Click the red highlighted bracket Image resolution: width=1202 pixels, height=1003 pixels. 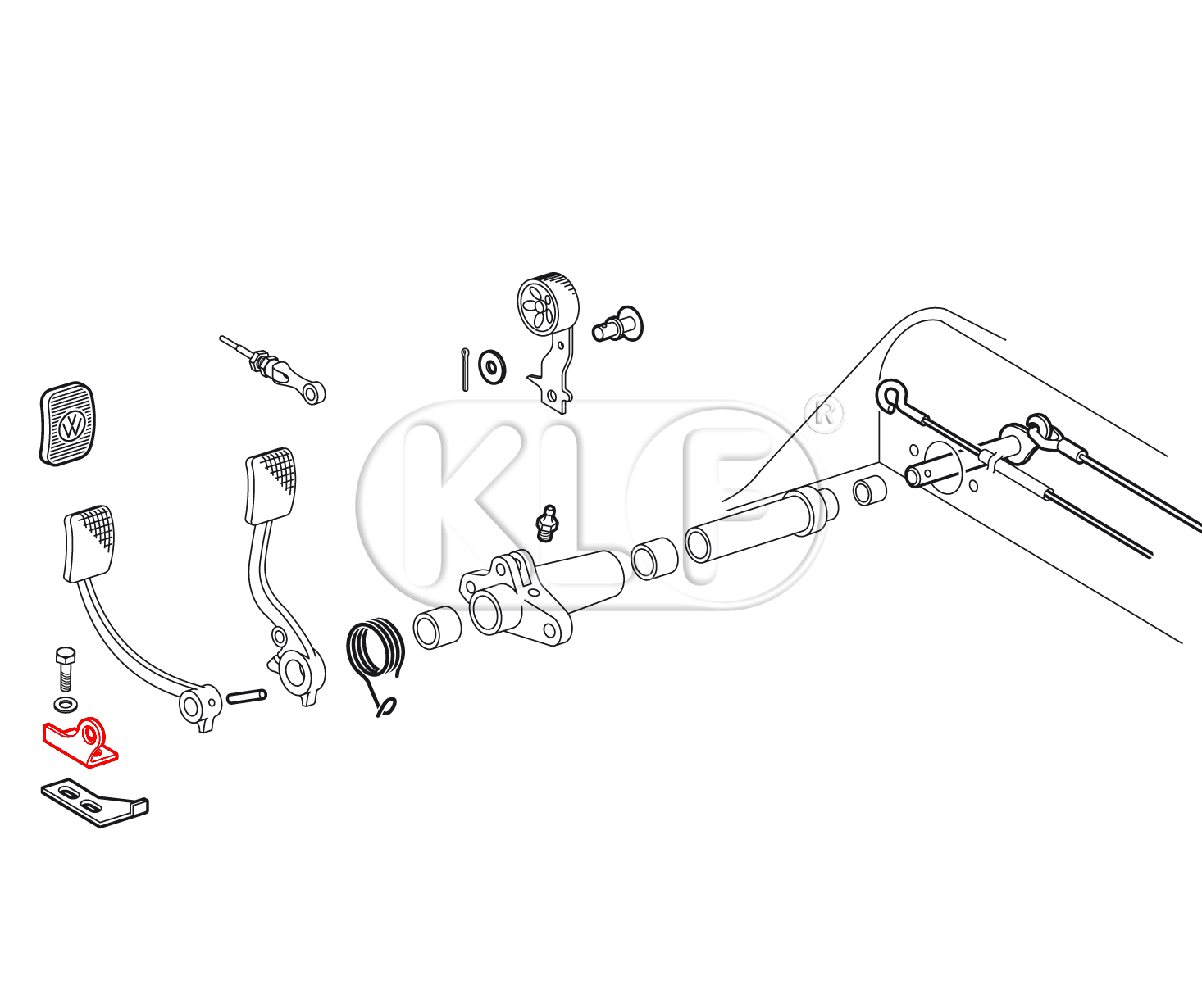click(80, 743)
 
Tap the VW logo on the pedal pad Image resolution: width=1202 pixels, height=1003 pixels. click(72, 427)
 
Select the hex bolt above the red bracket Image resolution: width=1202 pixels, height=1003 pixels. click(65, 669)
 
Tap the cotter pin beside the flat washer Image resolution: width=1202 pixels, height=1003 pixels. click(465, 370)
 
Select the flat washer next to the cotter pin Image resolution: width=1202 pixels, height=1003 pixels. click(492, 366)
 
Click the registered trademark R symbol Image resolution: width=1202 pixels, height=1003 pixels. click(824, 413)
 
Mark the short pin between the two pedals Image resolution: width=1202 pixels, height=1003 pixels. click(247, 697)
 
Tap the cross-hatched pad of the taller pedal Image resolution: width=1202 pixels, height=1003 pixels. click(271, 486)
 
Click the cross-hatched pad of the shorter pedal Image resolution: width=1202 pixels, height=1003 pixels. click(89, 543)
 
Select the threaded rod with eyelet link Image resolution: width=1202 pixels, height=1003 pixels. click(273, 370)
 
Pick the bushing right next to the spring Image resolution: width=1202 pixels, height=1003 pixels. click(437, 627)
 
